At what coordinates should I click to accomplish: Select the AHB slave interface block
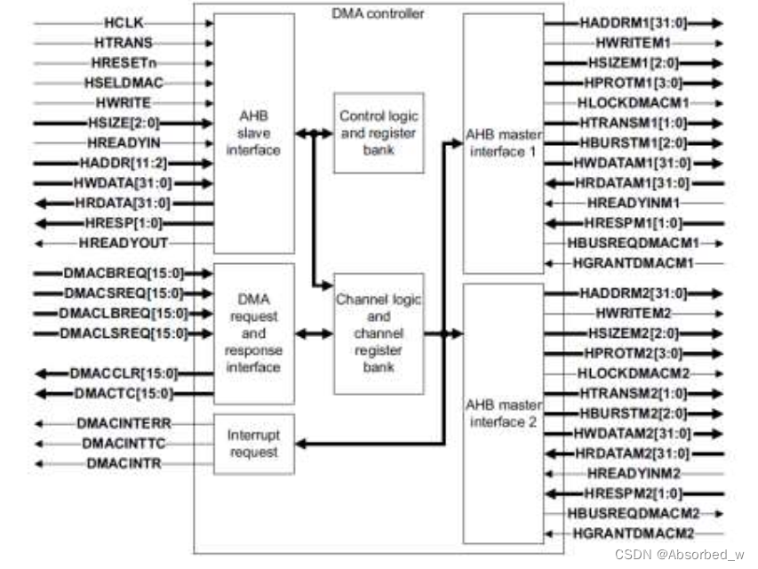coord(253,134)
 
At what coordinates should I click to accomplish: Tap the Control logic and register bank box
coord(378,132)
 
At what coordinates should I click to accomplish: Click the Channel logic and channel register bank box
coord(378,333)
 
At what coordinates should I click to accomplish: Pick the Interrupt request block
coord(254,444)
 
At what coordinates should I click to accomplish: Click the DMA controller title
coord(388,13)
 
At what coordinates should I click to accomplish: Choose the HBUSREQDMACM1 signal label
coord(632,243)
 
